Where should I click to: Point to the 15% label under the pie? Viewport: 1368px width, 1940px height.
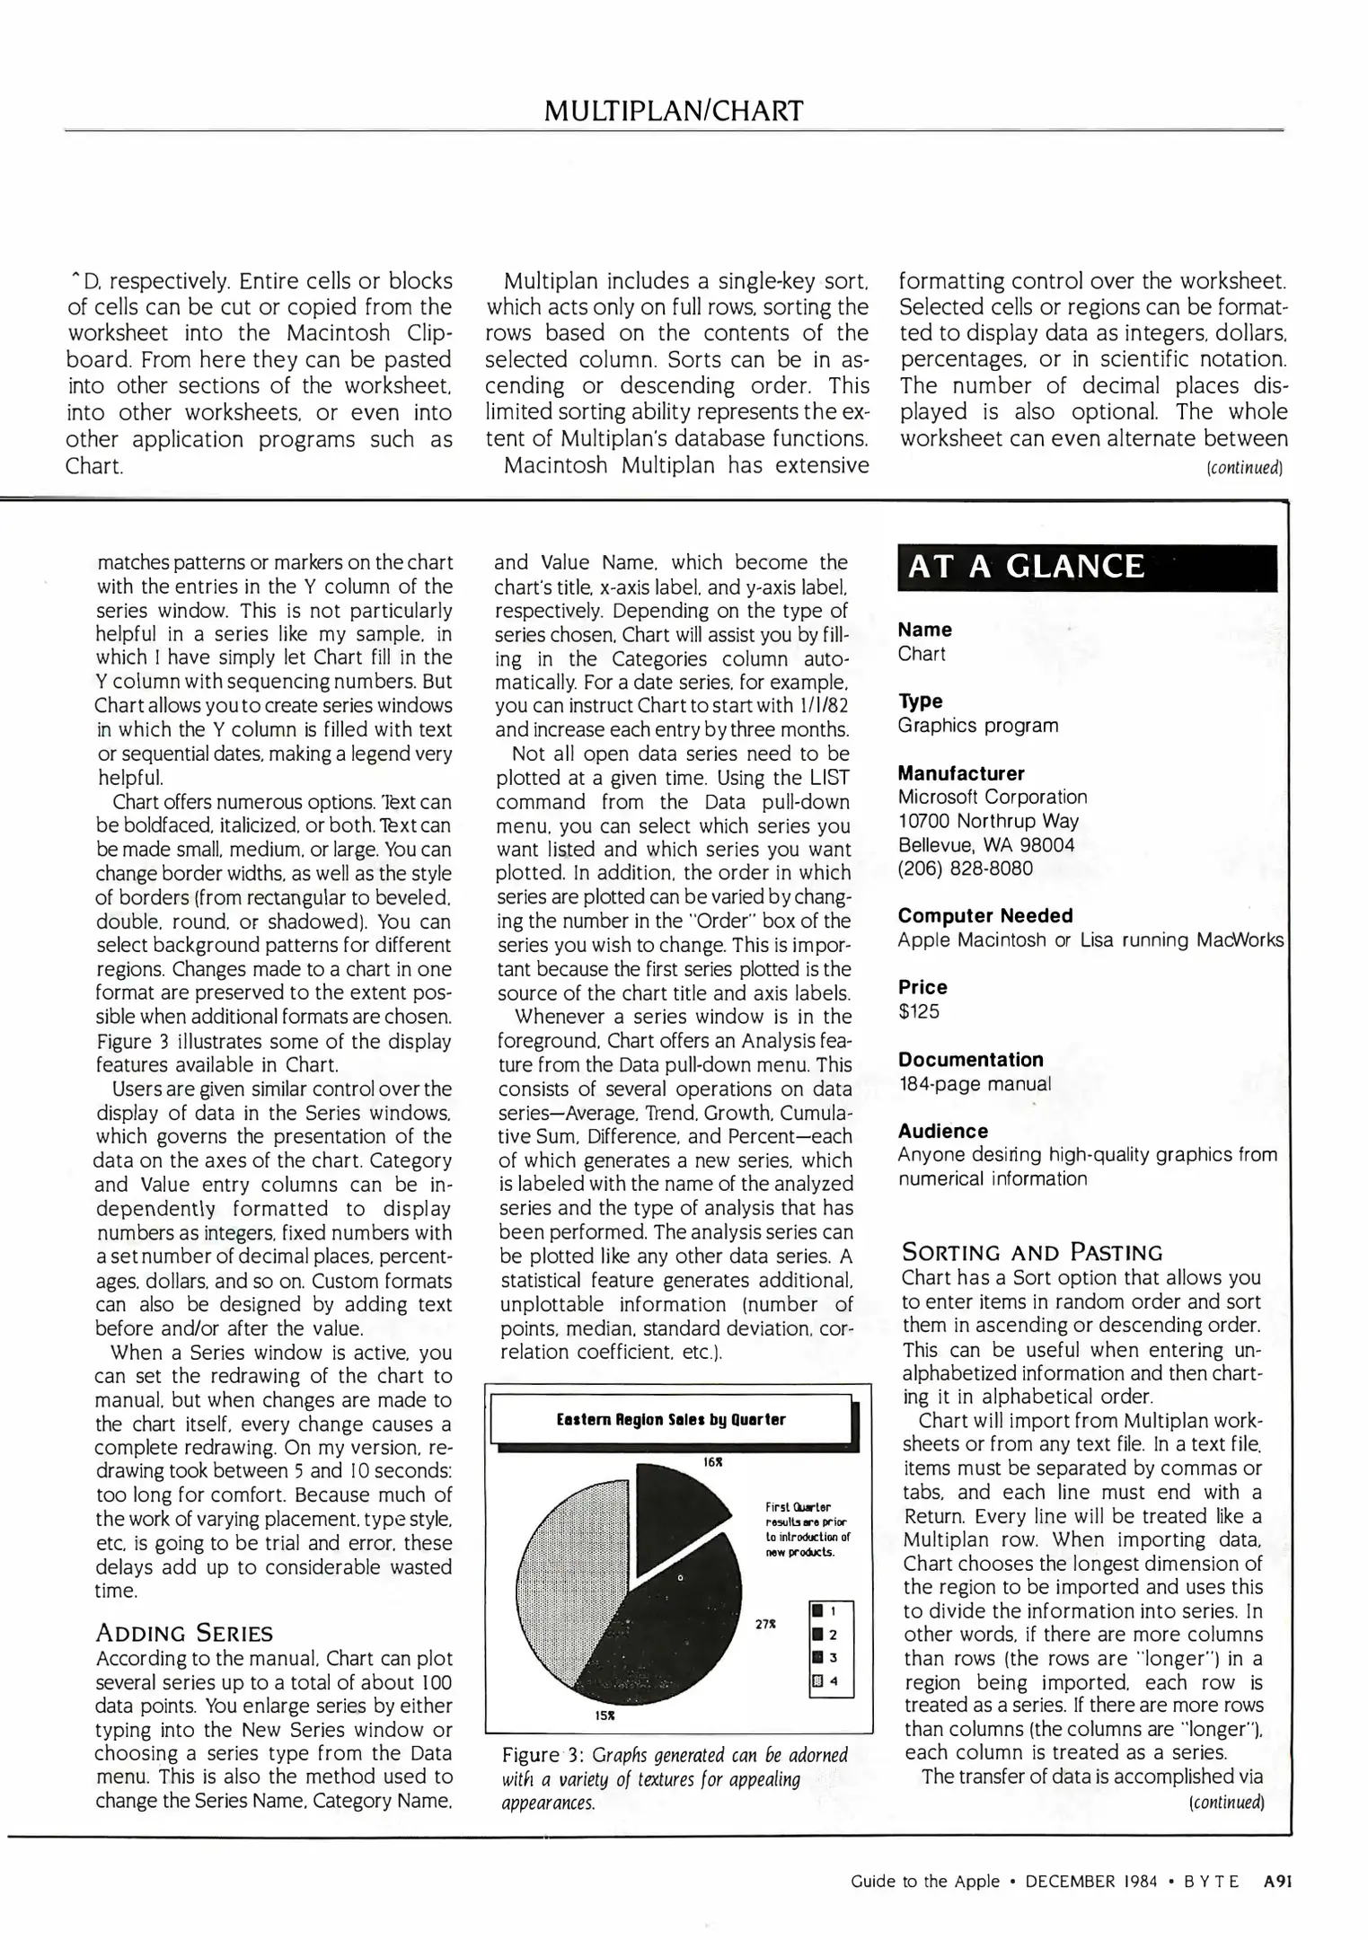[x=605, y=1715]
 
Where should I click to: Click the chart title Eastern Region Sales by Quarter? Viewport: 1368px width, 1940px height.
[x=671, y=1419]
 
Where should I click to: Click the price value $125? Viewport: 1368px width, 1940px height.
[x=919, y=1011]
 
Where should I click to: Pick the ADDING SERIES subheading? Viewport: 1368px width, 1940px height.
[x=184, y=1633]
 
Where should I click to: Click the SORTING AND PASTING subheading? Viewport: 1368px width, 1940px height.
[x=1032, y=1252]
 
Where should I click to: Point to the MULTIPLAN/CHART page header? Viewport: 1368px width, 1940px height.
[x=674, y=111]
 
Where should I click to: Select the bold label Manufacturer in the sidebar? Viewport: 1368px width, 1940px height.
[x=961, y=773]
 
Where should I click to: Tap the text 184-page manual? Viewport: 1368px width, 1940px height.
[x=975, y=1083]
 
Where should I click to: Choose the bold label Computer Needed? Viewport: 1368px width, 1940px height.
[x=985, y=915]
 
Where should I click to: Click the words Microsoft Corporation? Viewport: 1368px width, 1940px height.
[x=993, y=797]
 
